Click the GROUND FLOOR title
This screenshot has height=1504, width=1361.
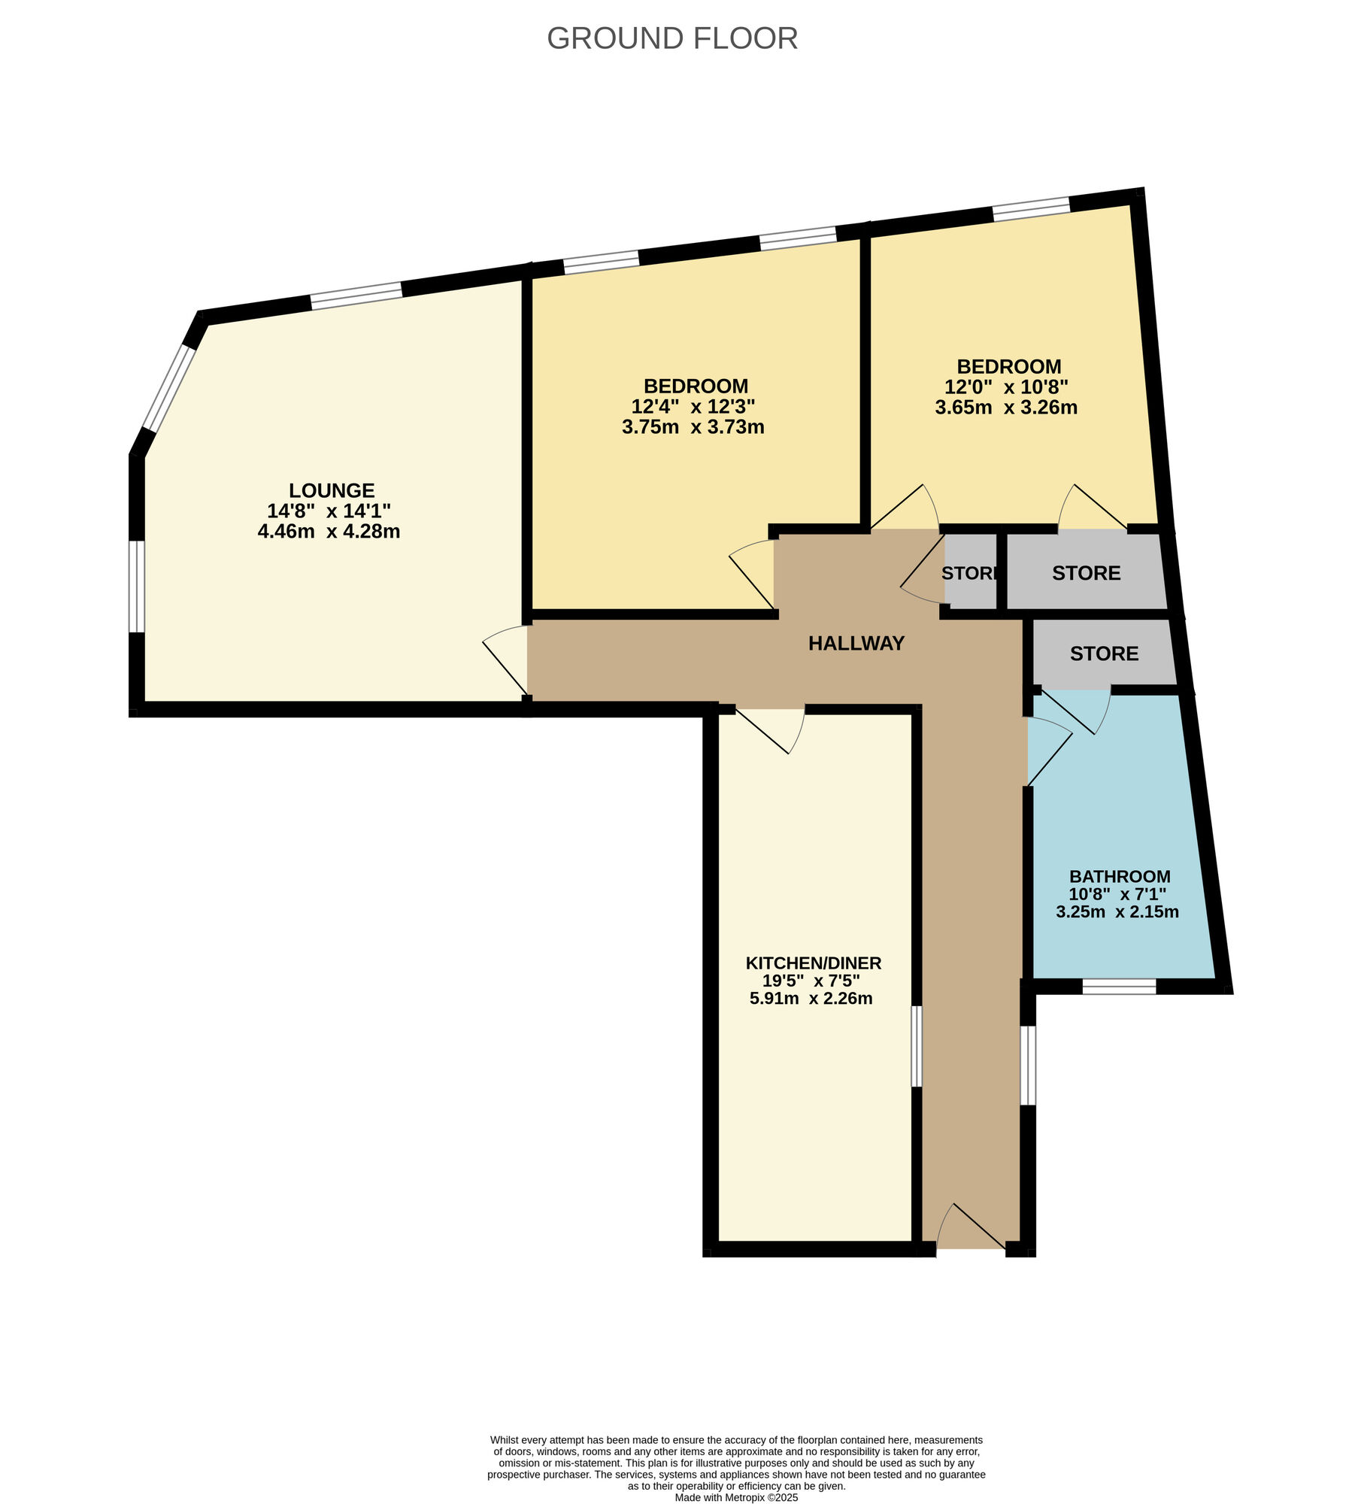(x=671, y=38)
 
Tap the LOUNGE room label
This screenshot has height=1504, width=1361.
(x=332, y=490)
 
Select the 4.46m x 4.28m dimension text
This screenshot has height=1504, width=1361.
(x=329, y=532)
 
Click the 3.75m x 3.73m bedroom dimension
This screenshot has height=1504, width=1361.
(x=693, y=427)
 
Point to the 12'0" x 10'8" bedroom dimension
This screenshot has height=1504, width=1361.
(x=1006, y=387)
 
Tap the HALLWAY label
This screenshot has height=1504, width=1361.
(x=856, y=643)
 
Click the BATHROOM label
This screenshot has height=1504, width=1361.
(x=1119, y=876)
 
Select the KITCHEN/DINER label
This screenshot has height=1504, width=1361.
(x=813, y=963)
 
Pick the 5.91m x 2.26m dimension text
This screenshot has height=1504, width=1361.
(x=811, y=999)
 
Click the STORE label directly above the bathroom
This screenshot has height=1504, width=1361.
(x=1104, y=653)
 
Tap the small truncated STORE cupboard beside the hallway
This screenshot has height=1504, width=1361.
(x=970, y=573)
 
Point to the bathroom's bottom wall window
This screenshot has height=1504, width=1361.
(x=1119, y=987)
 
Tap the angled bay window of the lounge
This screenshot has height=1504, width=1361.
(x=169, y=388)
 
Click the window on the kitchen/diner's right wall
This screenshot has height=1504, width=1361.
(x=916, y=1047)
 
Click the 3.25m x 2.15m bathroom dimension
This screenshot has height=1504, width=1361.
(x=1117, y=912)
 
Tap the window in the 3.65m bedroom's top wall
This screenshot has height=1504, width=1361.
(x=1031, y=208)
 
